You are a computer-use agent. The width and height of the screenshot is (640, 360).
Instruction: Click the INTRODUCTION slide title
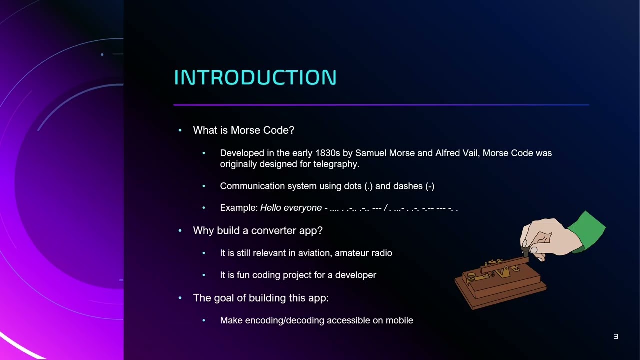point(255,78)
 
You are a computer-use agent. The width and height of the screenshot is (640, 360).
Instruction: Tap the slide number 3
point(616,337)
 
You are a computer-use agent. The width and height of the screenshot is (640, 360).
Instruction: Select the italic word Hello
point(271,208)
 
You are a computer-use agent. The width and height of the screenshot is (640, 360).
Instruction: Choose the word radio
point(382,253)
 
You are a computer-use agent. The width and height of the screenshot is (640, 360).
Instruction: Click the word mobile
point(399,320)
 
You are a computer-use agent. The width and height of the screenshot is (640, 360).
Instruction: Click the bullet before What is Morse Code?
point(180,130)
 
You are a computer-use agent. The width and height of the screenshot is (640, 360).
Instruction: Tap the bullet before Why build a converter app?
point(180,231)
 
